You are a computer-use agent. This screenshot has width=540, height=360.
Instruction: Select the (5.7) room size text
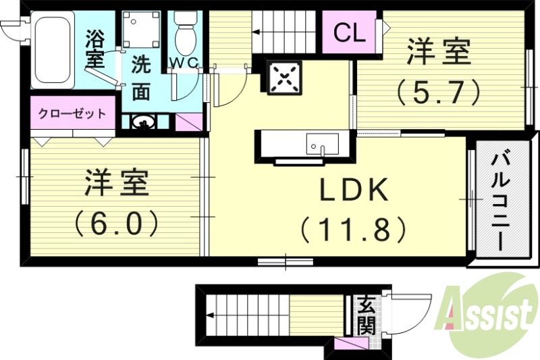click(x=438, y=91)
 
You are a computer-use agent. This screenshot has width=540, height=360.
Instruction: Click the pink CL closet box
click(x=350, y=32)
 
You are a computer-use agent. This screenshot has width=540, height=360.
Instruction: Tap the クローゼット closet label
click(x=72, y=113)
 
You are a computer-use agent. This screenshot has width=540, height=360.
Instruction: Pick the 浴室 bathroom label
click(x=96, y=47)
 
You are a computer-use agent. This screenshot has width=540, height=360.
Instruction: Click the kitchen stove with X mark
click(x=284, y=78)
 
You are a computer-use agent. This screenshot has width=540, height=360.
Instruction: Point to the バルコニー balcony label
click(x=500, y=203)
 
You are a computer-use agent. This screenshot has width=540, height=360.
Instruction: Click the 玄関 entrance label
click(x=366, y=315)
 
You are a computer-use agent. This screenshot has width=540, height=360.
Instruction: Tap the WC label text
click(x=183, y=63)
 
